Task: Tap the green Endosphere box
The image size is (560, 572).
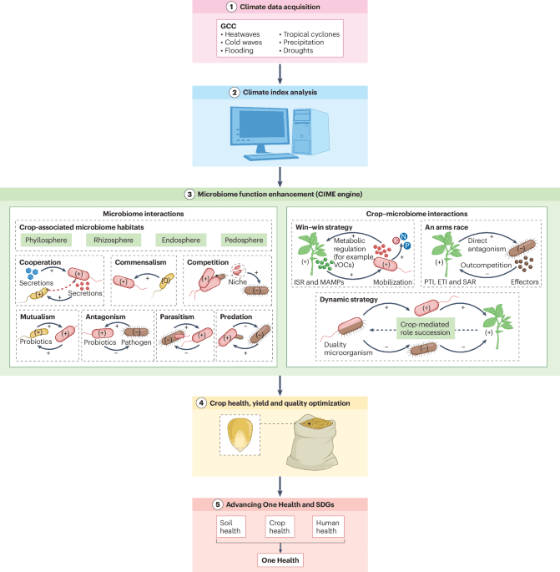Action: pyautogui.click(x=177, y=240)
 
